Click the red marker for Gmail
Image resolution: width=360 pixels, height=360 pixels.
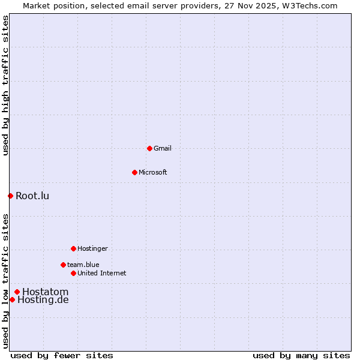coord(149,148)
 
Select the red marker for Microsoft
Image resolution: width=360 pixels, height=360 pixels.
coord(134,172)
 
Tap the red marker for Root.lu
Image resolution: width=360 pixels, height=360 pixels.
coord(10,196)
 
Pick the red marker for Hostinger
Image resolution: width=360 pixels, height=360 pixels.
coord(73,248)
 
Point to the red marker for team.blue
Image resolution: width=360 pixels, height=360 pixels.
coord(63,265)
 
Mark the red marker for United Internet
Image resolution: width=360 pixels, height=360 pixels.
coord(73,273)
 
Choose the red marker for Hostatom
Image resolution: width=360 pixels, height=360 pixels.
coord(17,292)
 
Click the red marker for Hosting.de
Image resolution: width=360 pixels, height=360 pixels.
coord(12,299)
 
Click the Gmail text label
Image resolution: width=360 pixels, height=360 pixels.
coord(163,148)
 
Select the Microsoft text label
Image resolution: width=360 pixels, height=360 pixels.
coord(153,172)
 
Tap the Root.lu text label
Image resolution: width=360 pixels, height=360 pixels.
coord(32,196)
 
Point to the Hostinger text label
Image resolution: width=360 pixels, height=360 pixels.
coord(92,248)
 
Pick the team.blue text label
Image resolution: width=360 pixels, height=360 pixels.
coord(83,265)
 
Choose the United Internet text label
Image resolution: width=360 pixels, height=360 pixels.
coord(102,273)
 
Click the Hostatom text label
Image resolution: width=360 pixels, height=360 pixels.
coord(46,292)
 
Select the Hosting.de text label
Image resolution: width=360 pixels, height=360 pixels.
coord(43,299)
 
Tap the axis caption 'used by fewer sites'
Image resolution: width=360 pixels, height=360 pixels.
coord(62,355)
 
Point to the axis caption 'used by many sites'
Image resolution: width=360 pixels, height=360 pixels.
coord(301,355)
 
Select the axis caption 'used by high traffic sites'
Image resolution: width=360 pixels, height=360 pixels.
coord(5,85)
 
